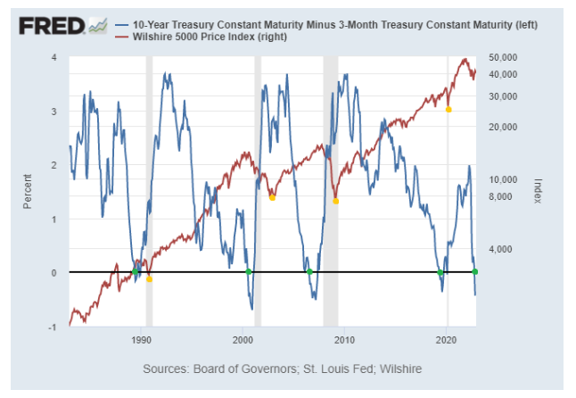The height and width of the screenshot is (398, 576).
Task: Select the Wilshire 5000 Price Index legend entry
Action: pyautogui.click(x=223, y=37)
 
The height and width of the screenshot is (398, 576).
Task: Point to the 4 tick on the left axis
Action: pyautogui.click(x=54, y=57)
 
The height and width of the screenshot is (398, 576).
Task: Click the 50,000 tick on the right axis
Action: pyautogui.click(x=505, y=57)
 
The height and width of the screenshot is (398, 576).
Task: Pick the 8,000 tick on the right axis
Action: pyautogui.click(x=501, y=196)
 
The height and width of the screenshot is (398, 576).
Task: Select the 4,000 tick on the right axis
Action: pyautogui.click(x=501, y=249)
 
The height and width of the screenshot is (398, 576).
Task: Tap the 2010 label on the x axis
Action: pyautogui.click(x=345, y=341)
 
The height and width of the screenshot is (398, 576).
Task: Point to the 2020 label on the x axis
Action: pyautogui.click(x=447, y=341)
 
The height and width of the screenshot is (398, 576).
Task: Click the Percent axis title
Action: pyautogui.click(x=28, y=192)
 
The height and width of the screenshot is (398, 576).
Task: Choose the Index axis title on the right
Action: pyautogui.click(x=538, y=190)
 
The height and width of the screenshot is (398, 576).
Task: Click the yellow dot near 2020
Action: pyautogui.click(x=448, y=110)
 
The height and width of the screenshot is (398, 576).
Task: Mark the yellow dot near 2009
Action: pyautogui.click(x=335, y=201)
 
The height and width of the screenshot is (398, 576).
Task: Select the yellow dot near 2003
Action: pyautogui.click(x=272, y=197)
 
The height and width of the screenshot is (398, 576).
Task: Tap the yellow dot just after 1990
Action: pyautogui.click(x=149, y=279)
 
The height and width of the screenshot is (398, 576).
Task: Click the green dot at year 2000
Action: pyautogui.click(x=249, y=271)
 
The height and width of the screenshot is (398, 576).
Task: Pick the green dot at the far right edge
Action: pyautogui.click(x=474, y=271)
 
